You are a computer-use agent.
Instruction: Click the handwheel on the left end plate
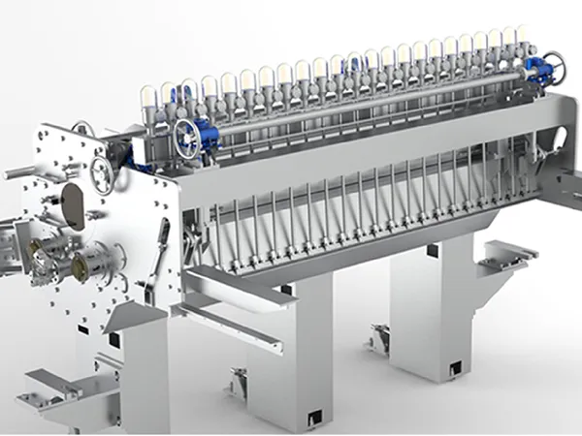pyautogui.click(x=101, y=175)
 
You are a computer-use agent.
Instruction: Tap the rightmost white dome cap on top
pyautogui.click(x=522, y=37)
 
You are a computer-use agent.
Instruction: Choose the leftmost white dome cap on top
pyautogui.click(x=149, y=94)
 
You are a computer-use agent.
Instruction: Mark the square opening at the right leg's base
pyautogui.click(x=454, y=369)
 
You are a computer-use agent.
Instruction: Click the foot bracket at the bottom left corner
pyautogui.click(x=48, y=388)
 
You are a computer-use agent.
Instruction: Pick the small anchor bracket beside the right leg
pyautogui.click(x=378, y=338)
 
